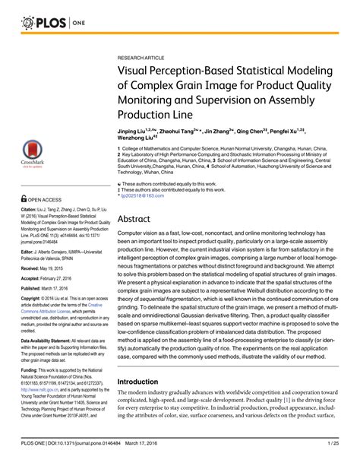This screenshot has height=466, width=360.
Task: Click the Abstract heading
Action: pos(137,217)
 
